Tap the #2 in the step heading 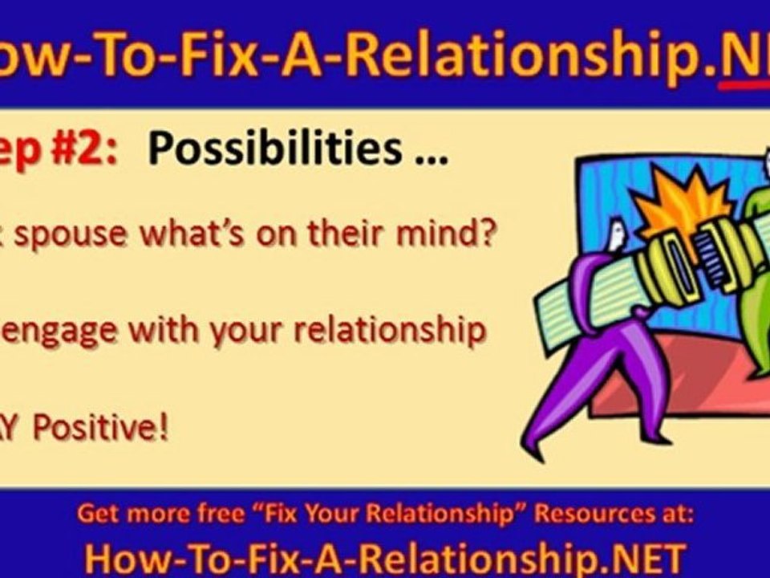pos(85,149)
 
